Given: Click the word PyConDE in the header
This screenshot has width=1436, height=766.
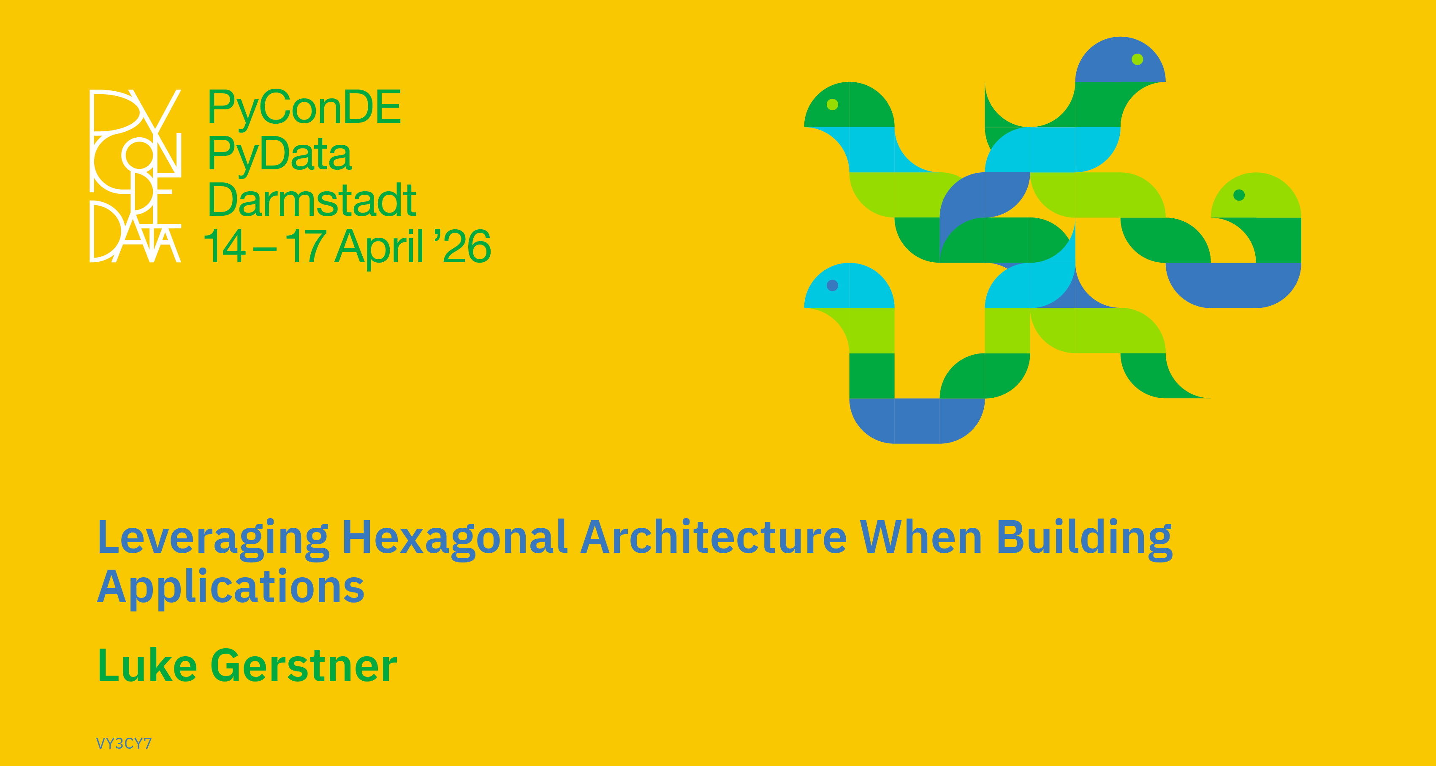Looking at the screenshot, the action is coord(304,108).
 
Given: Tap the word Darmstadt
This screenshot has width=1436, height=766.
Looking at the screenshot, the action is coord(312,200).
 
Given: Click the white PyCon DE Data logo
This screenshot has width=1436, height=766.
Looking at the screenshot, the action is coord(136,176).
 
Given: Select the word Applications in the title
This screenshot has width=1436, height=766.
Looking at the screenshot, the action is coord(231,588).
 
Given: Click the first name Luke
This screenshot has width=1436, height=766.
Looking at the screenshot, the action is coord(147,665).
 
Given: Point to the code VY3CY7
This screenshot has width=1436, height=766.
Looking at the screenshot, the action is coord(124,743).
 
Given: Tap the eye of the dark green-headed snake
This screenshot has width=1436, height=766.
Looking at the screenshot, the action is coord(832,104).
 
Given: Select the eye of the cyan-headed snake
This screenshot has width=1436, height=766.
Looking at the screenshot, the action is coord(832,285).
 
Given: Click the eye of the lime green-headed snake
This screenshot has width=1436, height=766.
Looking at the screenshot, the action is coord(1239,195).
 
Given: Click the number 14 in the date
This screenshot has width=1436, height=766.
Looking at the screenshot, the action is coord(224,246).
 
